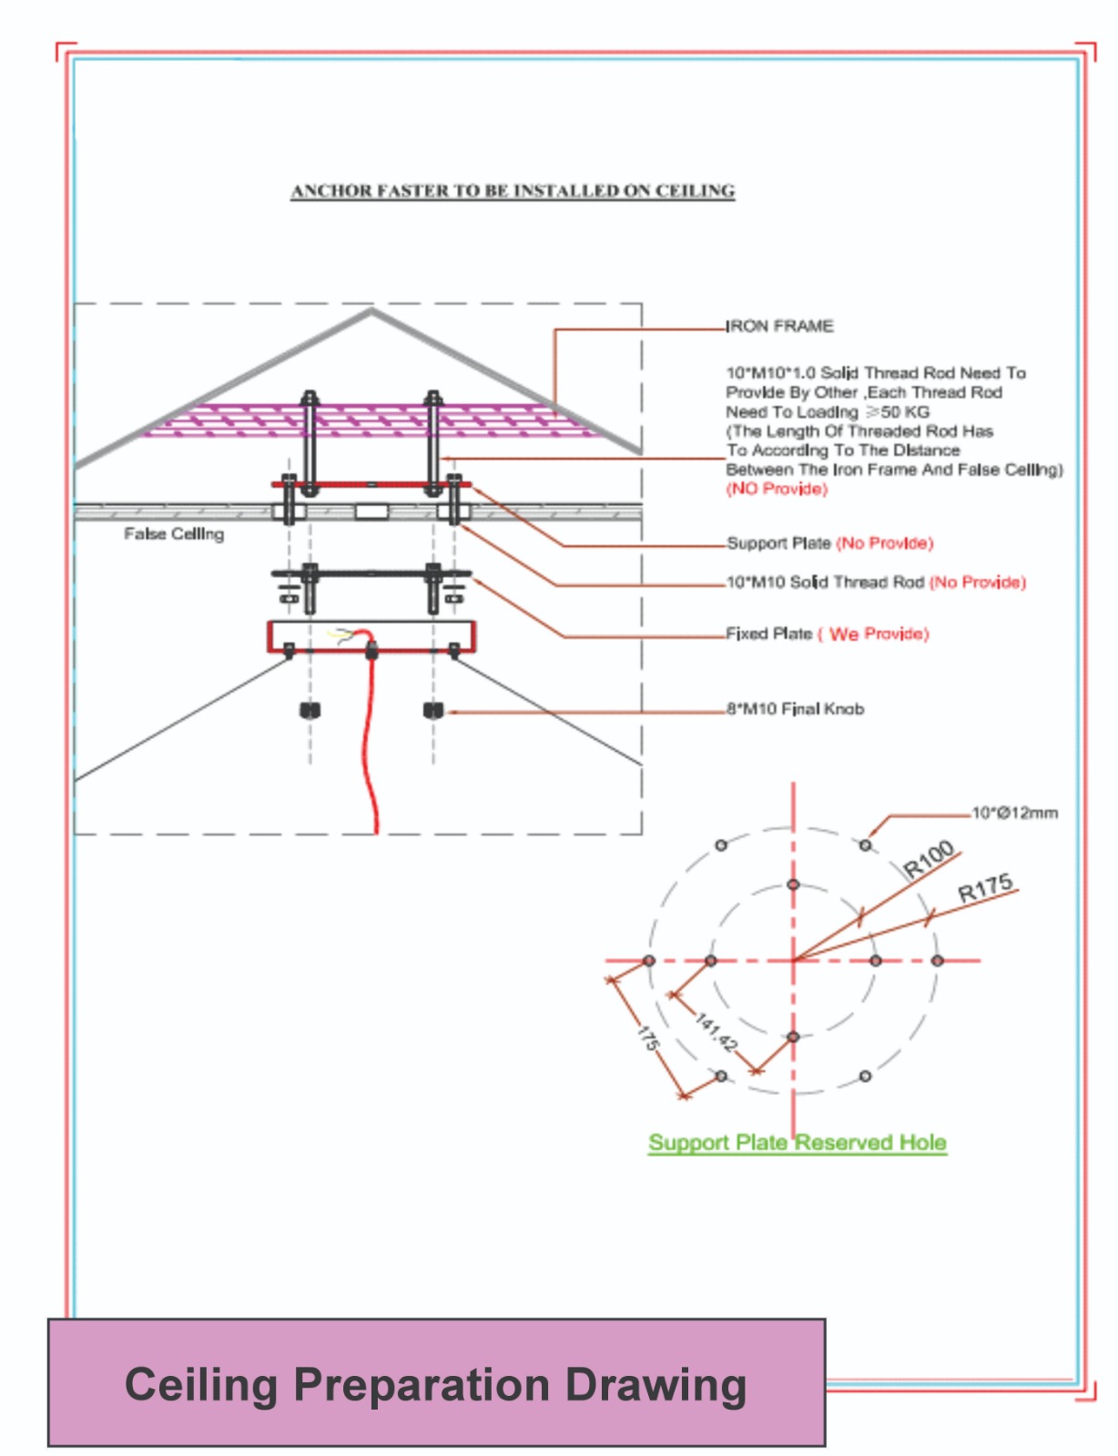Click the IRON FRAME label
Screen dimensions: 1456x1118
tap(779, 326)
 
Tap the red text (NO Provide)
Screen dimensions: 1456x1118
tap(777, 490)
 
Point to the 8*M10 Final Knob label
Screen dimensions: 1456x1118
tap(796, 709)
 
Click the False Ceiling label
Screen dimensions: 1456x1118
tap(174, 534)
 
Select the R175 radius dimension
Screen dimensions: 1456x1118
tap(985, 888)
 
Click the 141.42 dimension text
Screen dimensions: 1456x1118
tap(717, 1033)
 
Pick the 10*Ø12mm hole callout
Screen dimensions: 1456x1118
tap(1014, 813)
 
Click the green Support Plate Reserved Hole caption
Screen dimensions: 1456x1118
tap(798, 1143)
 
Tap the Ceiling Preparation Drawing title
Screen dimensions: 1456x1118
tap(435, 1385)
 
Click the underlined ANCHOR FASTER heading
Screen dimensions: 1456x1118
tap(513, 191)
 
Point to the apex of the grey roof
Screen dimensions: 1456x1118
tap(371, 312)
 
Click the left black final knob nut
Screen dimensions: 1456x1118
tap(310, 710)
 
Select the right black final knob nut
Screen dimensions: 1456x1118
tap(433, 710)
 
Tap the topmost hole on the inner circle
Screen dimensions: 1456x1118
tap(793, 885)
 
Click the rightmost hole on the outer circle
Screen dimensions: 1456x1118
tap(938, 960)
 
